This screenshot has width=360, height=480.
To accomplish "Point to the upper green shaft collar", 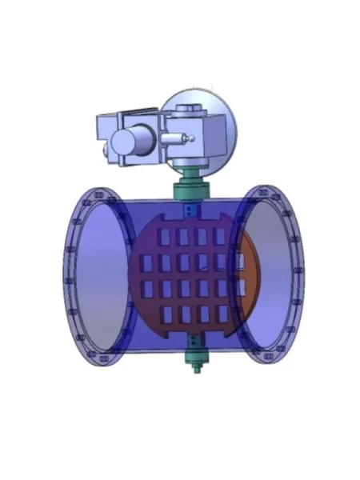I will click(x=190, y=190).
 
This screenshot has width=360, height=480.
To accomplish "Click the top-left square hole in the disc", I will click(x=165, y=237).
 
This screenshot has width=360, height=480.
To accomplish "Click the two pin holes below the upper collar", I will click(x=190, y=210).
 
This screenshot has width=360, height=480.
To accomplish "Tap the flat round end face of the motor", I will click(x=122, y=143).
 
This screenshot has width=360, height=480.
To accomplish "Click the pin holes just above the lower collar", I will click(x=194, y=338).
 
